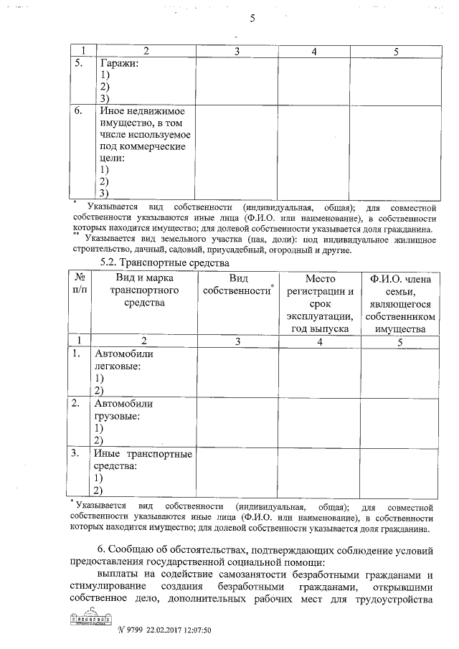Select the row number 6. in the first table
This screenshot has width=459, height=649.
point(80,111)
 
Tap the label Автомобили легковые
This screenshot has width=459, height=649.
point(124,360)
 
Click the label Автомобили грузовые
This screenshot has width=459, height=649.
point(123,409)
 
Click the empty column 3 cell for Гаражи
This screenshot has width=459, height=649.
point(237,80)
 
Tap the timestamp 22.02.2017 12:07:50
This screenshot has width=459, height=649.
point(179,630)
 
